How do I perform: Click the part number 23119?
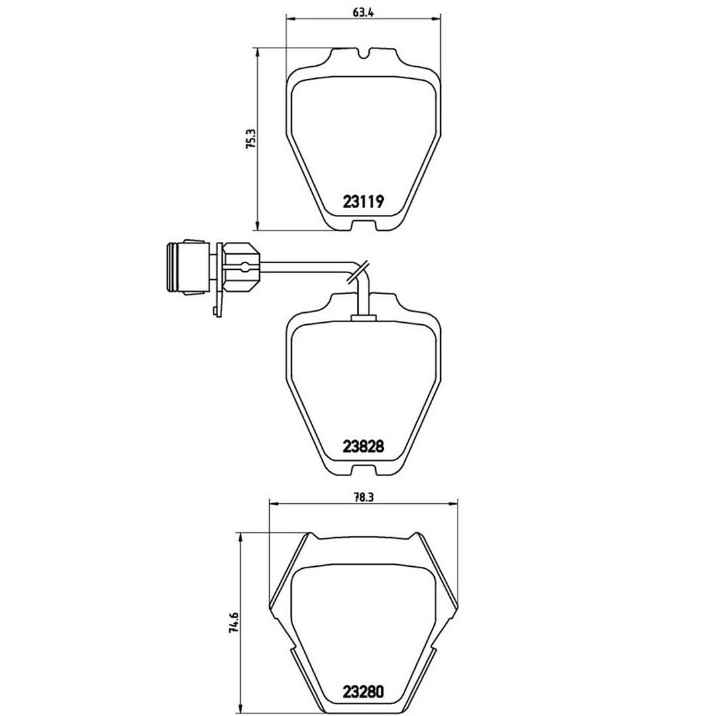363,201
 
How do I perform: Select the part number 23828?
363,446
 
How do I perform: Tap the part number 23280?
363,691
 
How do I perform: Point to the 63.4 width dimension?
363,13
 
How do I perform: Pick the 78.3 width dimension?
363,498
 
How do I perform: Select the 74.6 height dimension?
233,622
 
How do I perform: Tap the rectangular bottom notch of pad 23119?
363,225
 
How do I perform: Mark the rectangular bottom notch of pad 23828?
363,470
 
